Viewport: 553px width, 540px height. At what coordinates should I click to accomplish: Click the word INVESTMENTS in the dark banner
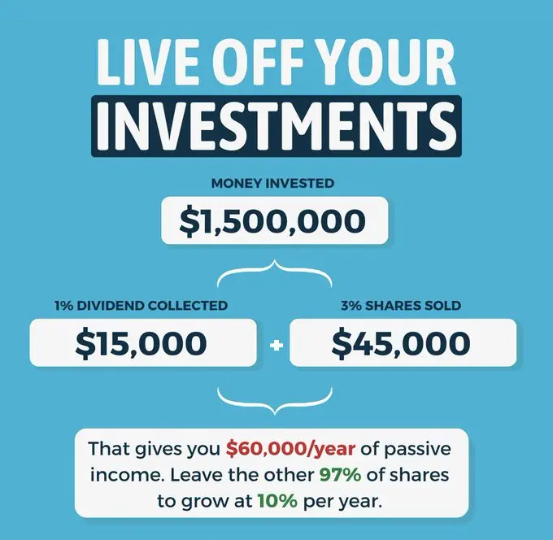coord(276,126)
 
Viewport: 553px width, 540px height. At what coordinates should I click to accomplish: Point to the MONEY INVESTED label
coord(272,184)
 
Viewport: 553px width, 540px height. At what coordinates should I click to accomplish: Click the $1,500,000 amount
coord(272,220)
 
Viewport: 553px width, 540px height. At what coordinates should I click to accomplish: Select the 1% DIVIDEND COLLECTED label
coord(141,306)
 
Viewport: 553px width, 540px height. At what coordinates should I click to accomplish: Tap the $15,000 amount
coord(141,343)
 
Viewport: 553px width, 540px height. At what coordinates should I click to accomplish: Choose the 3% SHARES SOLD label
coord(401,306)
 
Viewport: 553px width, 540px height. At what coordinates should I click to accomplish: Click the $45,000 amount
coord(401,343)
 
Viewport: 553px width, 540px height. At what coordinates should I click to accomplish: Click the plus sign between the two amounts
coord(276,346)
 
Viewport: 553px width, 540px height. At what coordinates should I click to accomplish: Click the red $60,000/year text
coord(290,449)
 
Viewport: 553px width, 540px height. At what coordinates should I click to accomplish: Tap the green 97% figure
coord(340,475)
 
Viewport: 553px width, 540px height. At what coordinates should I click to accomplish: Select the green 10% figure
coord(277,501)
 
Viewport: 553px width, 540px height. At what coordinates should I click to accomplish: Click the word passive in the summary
coord(417,450)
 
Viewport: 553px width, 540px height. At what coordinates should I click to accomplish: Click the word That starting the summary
coord(109,449)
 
